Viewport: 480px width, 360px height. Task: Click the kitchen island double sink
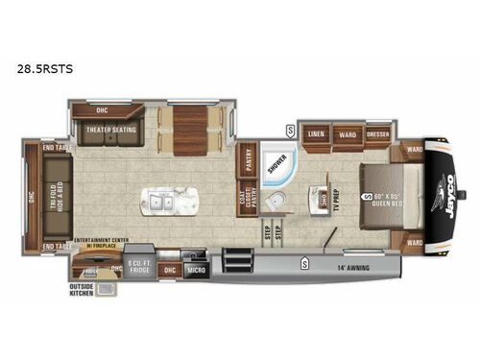click(160, 203)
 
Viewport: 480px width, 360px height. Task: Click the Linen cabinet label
click(315, 133)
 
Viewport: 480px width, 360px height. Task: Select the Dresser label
click(376, 133)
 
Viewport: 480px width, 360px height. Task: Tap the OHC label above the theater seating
click(100, 108)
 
